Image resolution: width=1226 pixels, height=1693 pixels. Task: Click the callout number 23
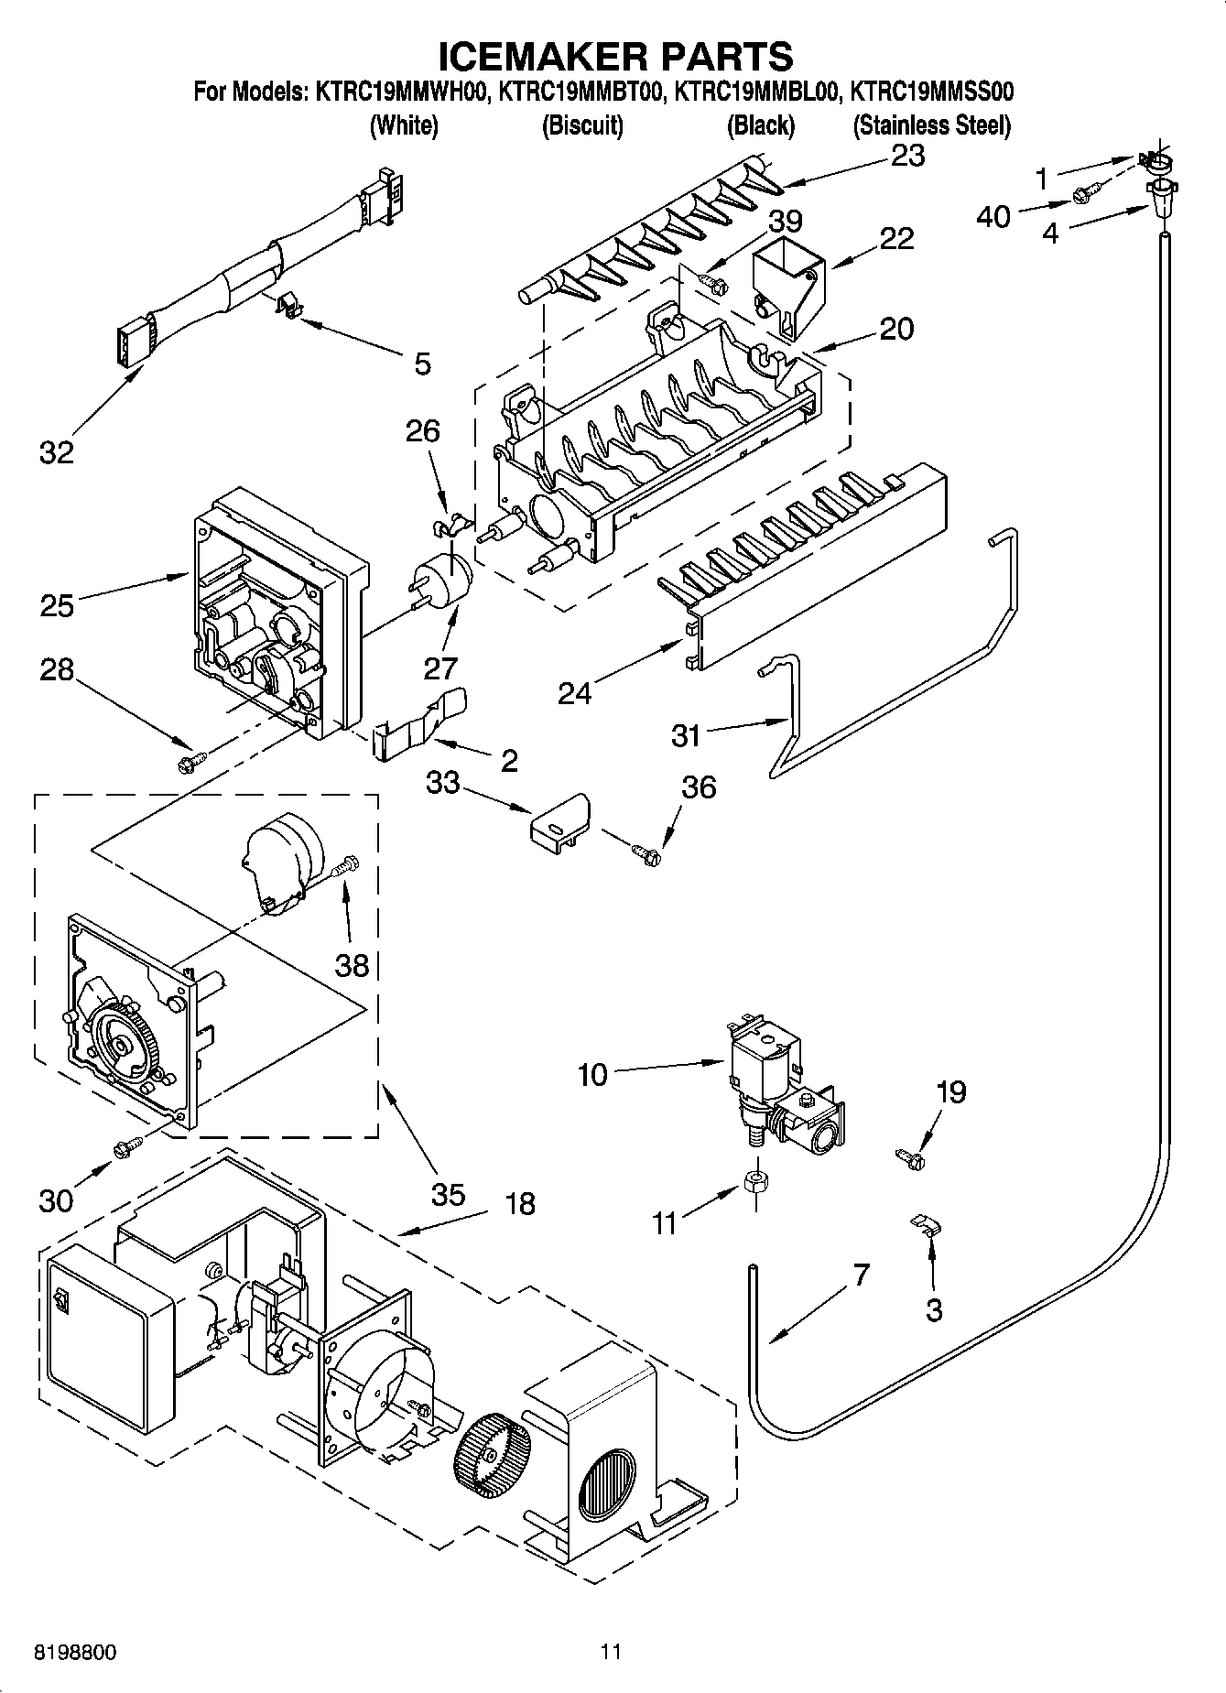pyautogui.click(x=907, y=156)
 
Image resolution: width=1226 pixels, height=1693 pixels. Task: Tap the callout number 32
pyautogui.click(x=57, y=451)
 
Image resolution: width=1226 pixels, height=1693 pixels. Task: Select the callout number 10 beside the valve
pyautogui.click(x=592, y=1074)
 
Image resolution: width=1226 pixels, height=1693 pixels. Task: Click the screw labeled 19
pyautogui.click(x=912, y=1159)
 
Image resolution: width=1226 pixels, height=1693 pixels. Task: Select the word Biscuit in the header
pyautogui.click(x=582, y=125)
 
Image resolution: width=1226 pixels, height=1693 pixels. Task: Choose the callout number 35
pyautogui.click(x=449, y=1194)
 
